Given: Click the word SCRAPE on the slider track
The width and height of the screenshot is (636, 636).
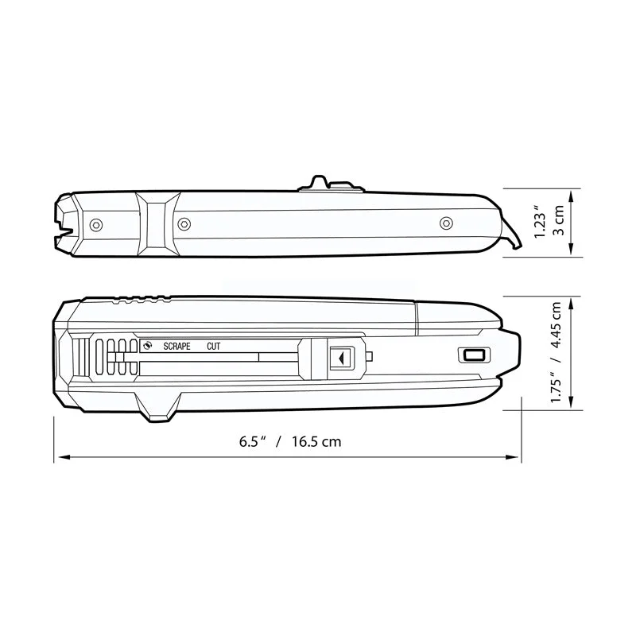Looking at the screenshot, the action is click(x=176, y=347).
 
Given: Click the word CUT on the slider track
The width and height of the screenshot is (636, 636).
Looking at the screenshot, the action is click(x=213, y=347).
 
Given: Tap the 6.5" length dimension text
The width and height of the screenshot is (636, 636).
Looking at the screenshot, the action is click(x=252, y=441).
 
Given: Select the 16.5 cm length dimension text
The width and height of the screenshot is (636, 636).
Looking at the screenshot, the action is click(x=316, y=441).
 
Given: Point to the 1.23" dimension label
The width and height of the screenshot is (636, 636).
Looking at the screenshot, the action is click(x=541, y=222).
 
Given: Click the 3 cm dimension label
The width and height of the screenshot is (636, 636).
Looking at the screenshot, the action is click(x=559, y=220).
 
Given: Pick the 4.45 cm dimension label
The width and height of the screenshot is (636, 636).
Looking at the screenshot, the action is click(x=556, y=325).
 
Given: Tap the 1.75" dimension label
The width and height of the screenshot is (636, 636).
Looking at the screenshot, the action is click(x=556, y=386).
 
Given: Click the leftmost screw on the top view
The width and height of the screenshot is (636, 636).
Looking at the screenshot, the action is click(x=96, y=225).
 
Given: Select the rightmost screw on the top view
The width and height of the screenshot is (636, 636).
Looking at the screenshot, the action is click(x=446, y=223).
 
